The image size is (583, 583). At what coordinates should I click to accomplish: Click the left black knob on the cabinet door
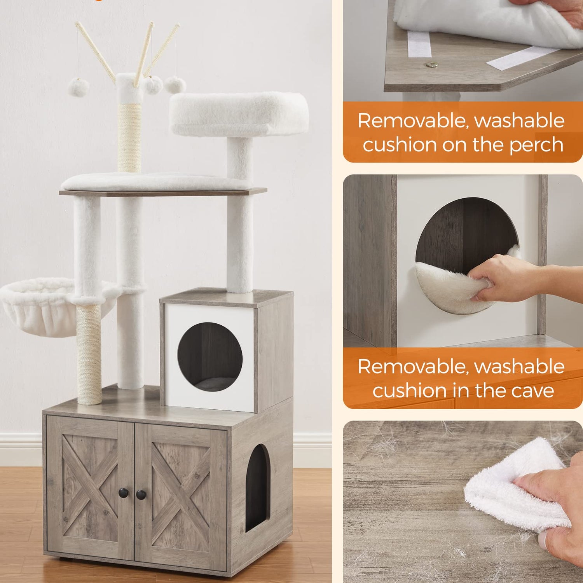click(123, 492)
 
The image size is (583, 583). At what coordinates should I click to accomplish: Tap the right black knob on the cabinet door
click(141, 495)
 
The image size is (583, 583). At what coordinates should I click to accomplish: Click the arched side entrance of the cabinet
click(257, 488)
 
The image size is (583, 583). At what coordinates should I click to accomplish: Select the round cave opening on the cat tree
click(210, 357)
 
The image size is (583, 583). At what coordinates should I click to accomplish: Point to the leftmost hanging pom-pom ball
click(79, 87)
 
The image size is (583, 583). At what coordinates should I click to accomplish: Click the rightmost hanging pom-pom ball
click(175, 85)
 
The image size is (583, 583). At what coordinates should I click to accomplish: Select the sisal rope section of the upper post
click(129, 138)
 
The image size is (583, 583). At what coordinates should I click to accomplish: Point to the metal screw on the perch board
click(430, 65)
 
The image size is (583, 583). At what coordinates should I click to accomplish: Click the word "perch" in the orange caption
click(536, 145)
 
